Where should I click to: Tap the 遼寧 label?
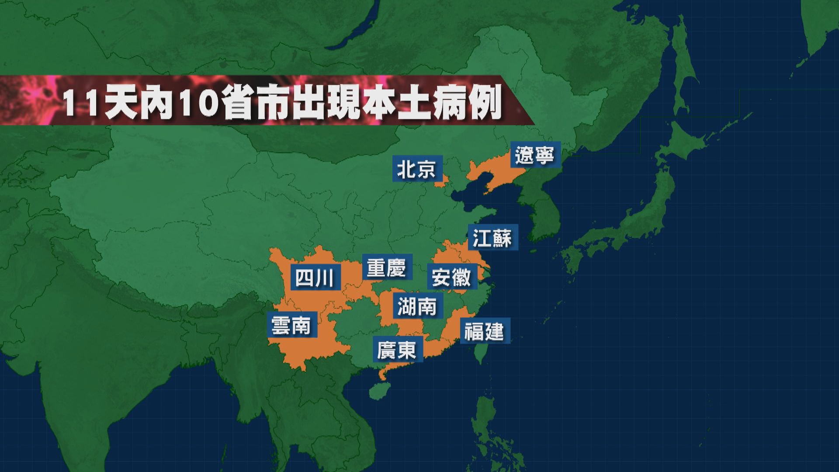click(x=534, y=155)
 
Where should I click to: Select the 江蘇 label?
click(x=492, y=238)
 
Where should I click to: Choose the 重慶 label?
click(x=386, y=267)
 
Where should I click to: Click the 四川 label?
click(x=315, y=278)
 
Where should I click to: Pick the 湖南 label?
click(x=417, y=305)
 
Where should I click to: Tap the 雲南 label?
click(x=291, y=326)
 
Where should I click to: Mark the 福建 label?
click(x=484, y=331)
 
